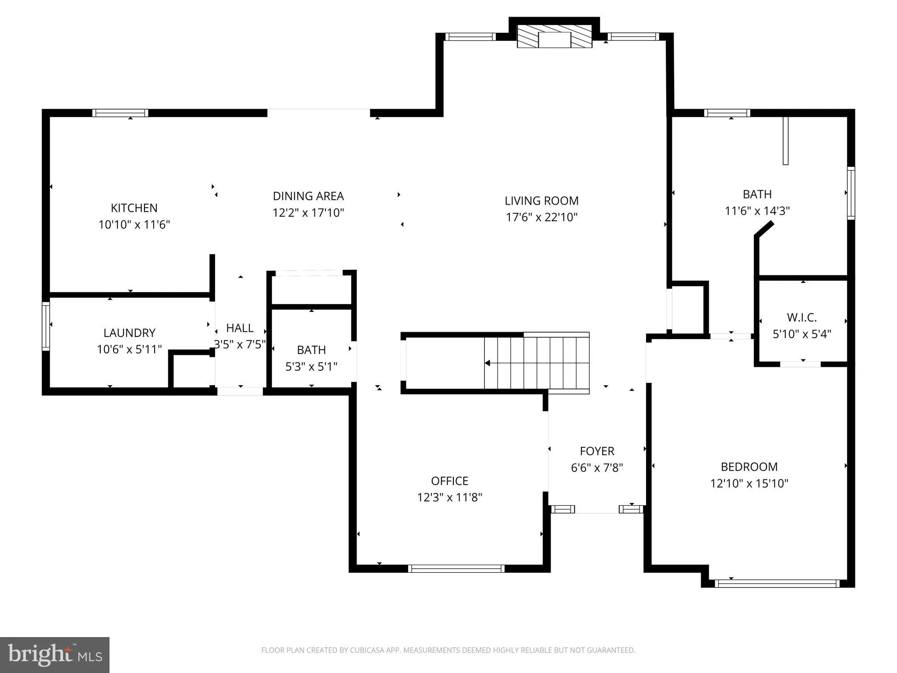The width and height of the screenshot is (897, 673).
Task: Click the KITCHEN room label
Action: tap(134, 208)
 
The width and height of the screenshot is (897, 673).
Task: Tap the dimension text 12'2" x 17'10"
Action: tap(308, 213)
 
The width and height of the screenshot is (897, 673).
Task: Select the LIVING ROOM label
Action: tap(541, 201)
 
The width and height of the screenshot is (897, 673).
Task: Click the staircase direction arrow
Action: tap(487, 363)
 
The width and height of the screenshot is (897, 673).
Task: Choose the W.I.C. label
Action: tap(802, 317)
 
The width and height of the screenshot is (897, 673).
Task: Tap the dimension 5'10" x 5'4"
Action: tap(802, 334)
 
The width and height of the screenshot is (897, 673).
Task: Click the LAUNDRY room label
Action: tap(129, 333)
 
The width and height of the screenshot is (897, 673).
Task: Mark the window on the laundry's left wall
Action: tap(46, 326)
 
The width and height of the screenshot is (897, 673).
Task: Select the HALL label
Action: tap(240, 328)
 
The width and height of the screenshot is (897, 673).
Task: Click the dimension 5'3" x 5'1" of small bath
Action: tap(311, 366)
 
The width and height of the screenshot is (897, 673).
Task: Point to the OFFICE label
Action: tap(449, 481)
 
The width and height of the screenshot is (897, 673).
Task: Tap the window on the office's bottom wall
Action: tap(456, 569)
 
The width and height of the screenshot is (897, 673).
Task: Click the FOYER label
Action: tap(597, 451)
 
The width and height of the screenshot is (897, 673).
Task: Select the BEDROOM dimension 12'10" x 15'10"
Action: tap(749, 484)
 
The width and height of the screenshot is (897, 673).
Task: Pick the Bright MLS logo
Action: tap(55, 655)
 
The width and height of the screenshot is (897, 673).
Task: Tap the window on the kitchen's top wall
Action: tap(120, 113)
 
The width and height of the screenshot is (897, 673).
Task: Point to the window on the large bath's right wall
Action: tap(851, 193)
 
